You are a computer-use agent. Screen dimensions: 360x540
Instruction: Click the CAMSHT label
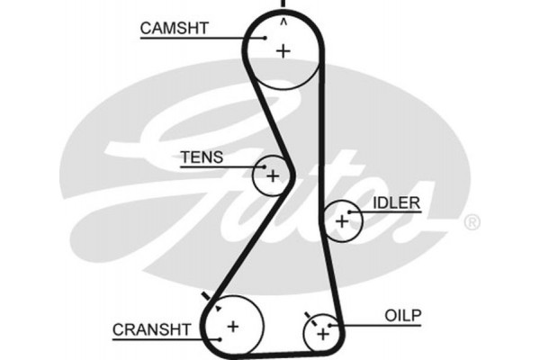coord(174,28)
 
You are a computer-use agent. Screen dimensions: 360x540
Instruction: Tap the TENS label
coord(202,157)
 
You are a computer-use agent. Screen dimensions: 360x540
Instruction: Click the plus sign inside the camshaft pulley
coord(283,50)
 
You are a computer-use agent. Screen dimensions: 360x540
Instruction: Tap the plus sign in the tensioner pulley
coord(272,175)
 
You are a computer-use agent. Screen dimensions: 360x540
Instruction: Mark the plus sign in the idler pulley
coord(341,220)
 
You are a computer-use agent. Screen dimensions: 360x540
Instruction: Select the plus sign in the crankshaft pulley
coord(234,326)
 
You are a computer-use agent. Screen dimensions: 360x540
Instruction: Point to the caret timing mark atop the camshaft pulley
coord(283,20)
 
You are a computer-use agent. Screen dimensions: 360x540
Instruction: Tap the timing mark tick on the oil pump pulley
coord(309,316)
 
